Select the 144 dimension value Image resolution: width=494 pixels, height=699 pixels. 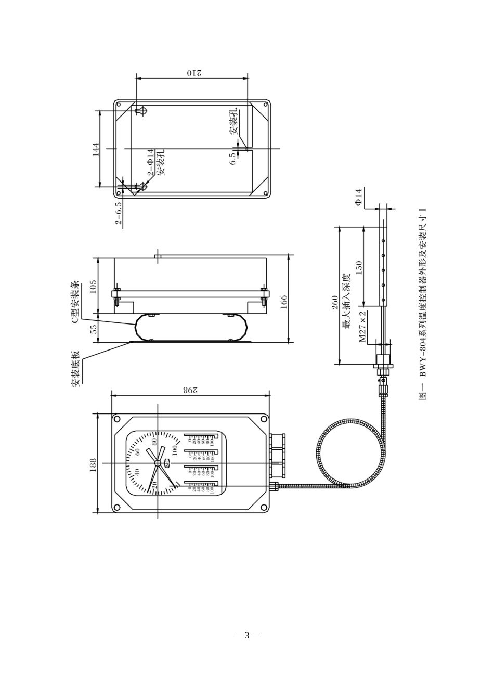coord(95,149)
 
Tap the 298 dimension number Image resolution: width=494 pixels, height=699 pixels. coord(190,390)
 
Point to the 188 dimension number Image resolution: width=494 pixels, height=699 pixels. coord(93,464)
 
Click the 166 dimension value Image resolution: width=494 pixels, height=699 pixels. coord(284,302)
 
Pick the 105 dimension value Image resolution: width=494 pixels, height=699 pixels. coord(93,287)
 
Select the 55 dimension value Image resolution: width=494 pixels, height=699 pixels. coord(93,329)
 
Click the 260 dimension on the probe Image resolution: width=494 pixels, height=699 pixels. coord(335,302)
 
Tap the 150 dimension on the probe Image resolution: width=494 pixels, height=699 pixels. coord(358,268)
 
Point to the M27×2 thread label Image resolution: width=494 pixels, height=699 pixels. coord(362,327)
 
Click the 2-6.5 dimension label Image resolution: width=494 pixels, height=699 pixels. coord(119,212)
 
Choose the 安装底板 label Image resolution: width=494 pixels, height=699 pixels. coord(76,368)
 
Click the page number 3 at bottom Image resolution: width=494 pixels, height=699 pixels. coord(247,635)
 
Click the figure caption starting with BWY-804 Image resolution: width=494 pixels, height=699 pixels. coord(423,304)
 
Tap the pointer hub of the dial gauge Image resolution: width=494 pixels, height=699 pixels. coord(158,462)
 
